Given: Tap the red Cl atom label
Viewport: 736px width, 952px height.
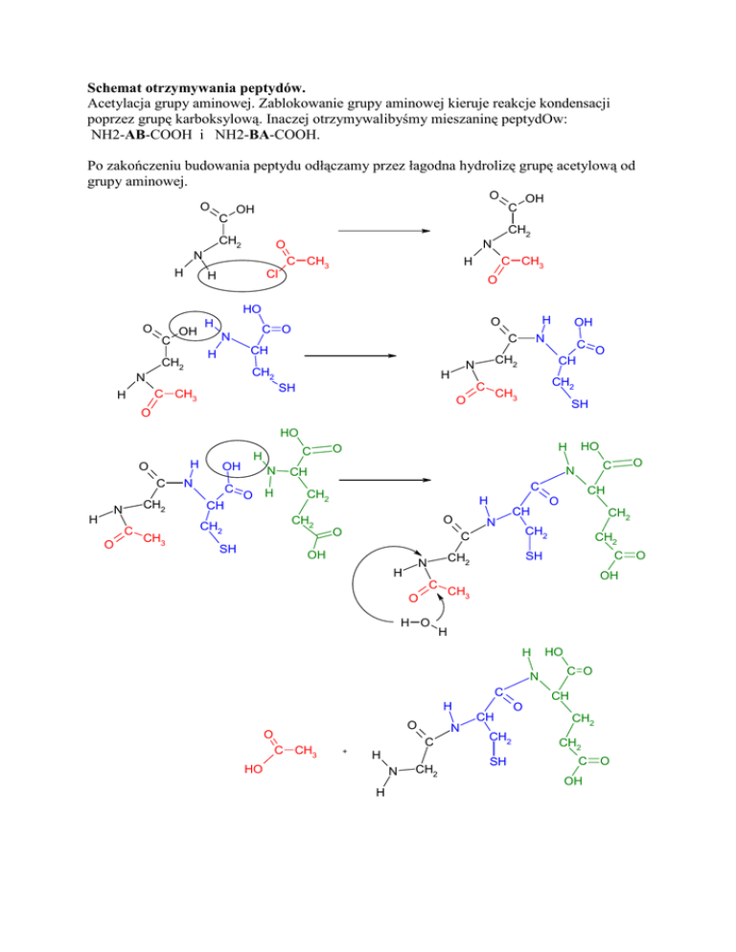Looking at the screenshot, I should point(273,277).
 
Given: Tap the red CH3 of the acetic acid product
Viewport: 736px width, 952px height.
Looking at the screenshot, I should point(304,749).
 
